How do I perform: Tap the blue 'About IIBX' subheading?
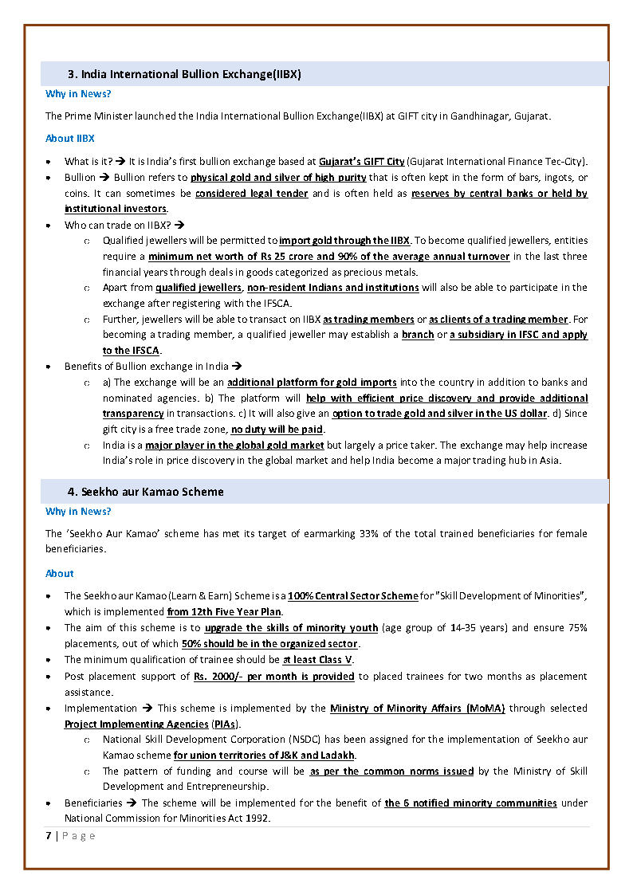coord(70,138)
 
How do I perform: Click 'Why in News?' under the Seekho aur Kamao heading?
coord(78,512)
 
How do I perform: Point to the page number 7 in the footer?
coord(48,835)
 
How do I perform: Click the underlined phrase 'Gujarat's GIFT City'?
coord(362,161)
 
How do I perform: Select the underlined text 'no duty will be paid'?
coord(277,430)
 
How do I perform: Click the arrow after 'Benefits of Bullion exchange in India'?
coord(236,367)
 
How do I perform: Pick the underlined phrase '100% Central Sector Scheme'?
coord(352,596)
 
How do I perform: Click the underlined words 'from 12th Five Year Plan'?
coord(225,612)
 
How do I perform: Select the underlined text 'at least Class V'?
coord(318,660)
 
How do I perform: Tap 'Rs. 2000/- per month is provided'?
coord(273,676)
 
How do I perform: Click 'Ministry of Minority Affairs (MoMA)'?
coord(417,708)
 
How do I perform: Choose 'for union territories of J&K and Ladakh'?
coord(264,755)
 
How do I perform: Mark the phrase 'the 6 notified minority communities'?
coord(470,803)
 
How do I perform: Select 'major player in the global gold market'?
coord(234,446)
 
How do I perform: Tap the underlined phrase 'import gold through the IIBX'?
coord(344,240)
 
